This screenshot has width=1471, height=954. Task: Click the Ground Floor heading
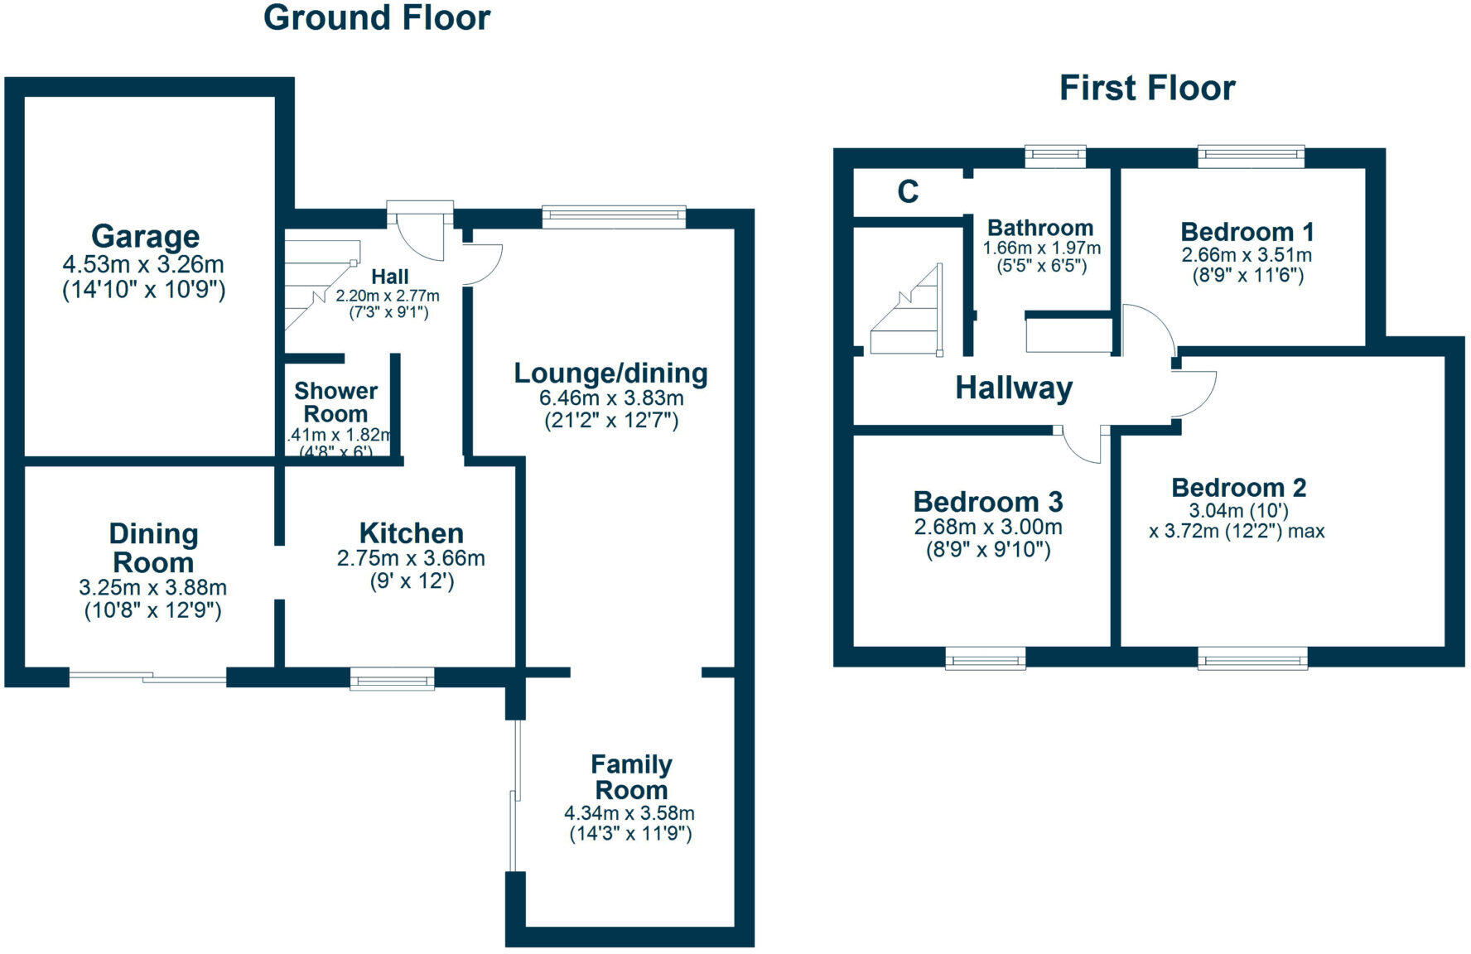coord(377,18)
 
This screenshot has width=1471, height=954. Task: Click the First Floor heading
coord(1146,88)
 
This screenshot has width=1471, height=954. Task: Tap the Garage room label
coord(145,237)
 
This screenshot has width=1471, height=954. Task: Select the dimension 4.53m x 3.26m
coord(144,265)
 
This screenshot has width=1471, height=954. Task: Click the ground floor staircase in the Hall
coord(319,282)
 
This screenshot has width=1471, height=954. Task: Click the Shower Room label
coord(335,402)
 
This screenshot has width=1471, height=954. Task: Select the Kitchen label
coord(411,532)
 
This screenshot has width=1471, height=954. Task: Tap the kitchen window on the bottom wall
coord(392,681)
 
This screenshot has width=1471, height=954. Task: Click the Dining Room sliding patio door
coord(147,678)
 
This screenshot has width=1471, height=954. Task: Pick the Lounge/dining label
coord(610,373)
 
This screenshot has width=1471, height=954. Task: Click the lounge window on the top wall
coord(614,217)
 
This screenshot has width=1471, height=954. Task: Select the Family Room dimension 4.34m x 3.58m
coord(629,813)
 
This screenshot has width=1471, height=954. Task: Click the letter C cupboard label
coord(908,192)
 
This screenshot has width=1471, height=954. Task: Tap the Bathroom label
coord(1040,228)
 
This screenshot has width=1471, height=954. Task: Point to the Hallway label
coord(1014,388)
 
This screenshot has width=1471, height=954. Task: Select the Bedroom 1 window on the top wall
coord(1251,157)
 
